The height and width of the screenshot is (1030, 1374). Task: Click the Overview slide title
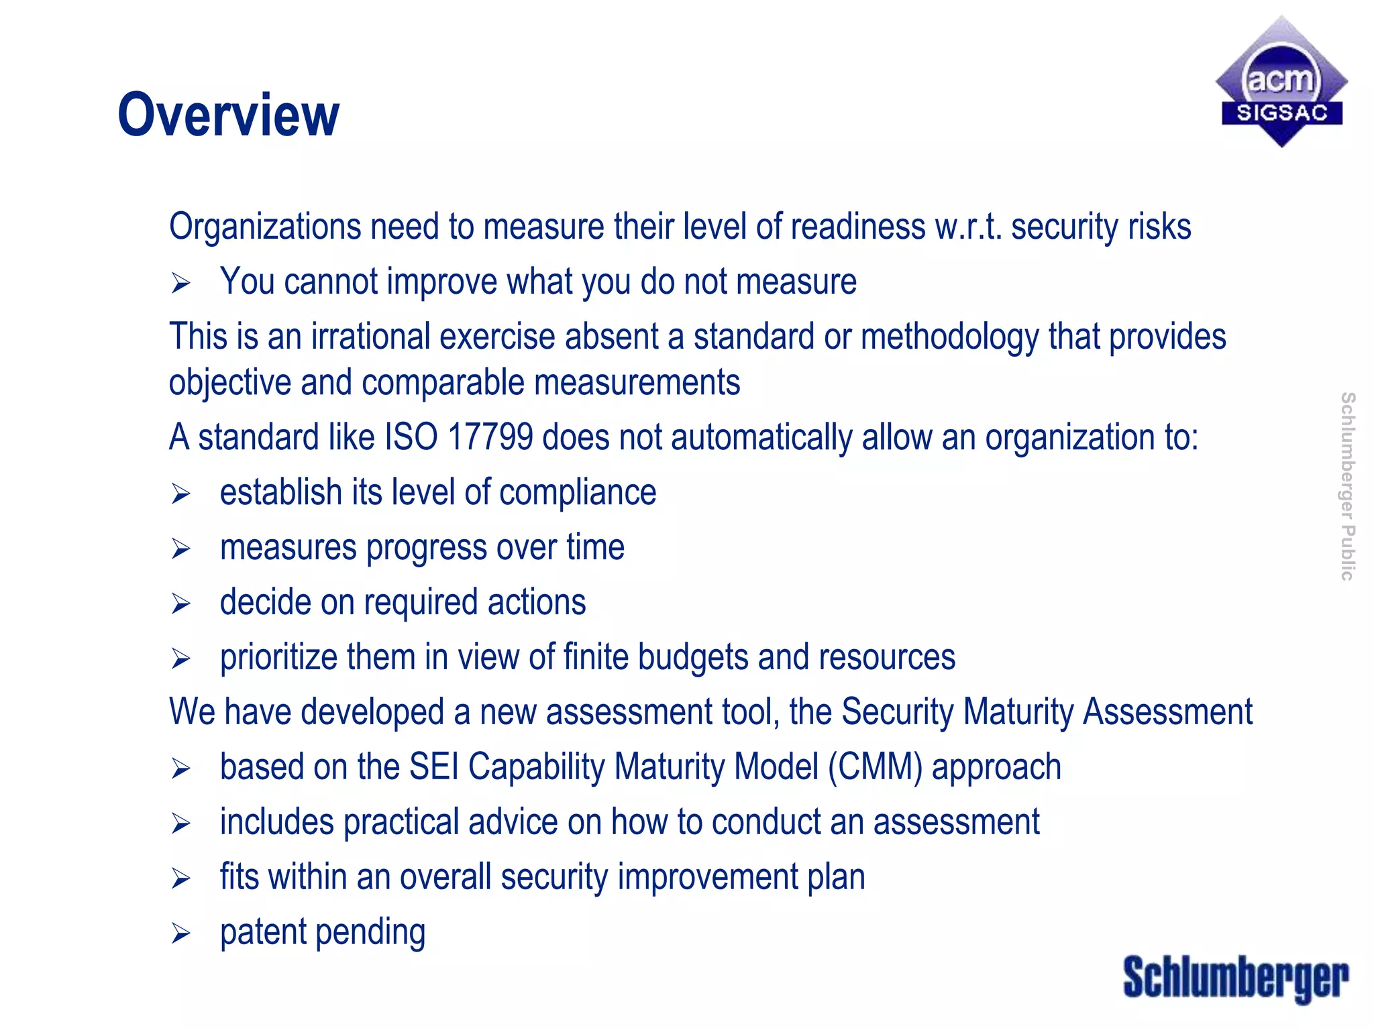point(228,115)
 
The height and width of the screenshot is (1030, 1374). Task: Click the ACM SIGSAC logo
point(1281,82)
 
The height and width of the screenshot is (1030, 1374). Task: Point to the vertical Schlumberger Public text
point(1347,486)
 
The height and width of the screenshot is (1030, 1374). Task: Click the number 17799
point(490,437)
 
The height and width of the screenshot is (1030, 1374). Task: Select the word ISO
point(411,437)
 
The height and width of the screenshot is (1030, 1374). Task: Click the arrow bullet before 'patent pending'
point(180,933)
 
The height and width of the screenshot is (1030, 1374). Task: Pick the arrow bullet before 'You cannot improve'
point(180,283)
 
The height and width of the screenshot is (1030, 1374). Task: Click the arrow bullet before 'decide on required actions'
point(180,604)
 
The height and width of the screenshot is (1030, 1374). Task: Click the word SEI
point(433,767)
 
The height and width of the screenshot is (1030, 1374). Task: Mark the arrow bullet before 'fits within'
point(180,878)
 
